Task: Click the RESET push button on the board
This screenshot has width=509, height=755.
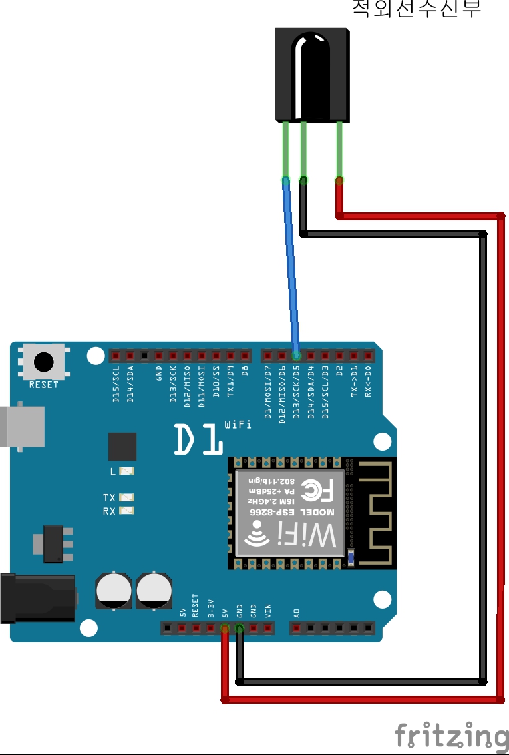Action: click(x=43, y=362)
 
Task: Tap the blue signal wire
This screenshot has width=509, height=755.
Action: click(x=291, y=266)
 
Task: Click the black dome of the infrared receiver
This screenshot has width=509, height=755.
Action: click(x=311, y=67)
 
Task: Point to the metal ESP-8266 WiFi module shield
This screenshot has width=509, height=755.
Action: click(x=290, y=513)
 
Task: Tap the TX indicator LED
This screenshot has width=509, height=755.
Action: click(x=126, y=497)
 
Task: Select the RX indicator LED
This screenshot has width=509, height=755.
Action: click(x=126, y=511)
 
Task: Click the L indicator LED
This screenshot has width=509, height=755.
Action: click(x=126, y=471)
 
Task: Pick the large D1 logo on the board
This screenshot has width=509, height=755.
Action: click(x=198, y=439)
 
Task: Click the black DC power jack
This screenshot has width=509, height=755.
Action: click(x=37, y=597)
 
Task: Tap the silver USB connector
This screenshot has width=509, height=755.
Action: click(x=22, y=426)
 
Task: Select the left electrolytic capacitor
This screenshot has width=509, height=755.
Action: click(x=114, y=589)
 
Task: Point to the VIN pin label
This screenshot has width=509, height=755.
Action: click(x=268, y=610)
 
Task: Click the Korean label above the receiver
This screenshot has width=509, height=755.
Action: click(x=416, y=9)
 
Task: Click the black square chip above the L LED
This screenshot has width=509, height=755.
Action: click(x=122, y=446)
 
